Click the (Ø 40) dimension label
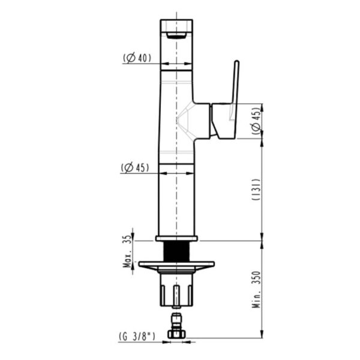(137, 58)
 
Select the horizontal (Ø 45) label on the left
(135, 167)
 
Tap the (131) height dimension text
(256, 190)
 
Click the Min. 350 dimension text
(256, 290)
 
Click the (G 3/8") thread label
(137, 337)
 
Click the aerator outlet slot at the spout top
(176, 35)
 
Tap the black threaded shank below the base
(176, 251)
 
